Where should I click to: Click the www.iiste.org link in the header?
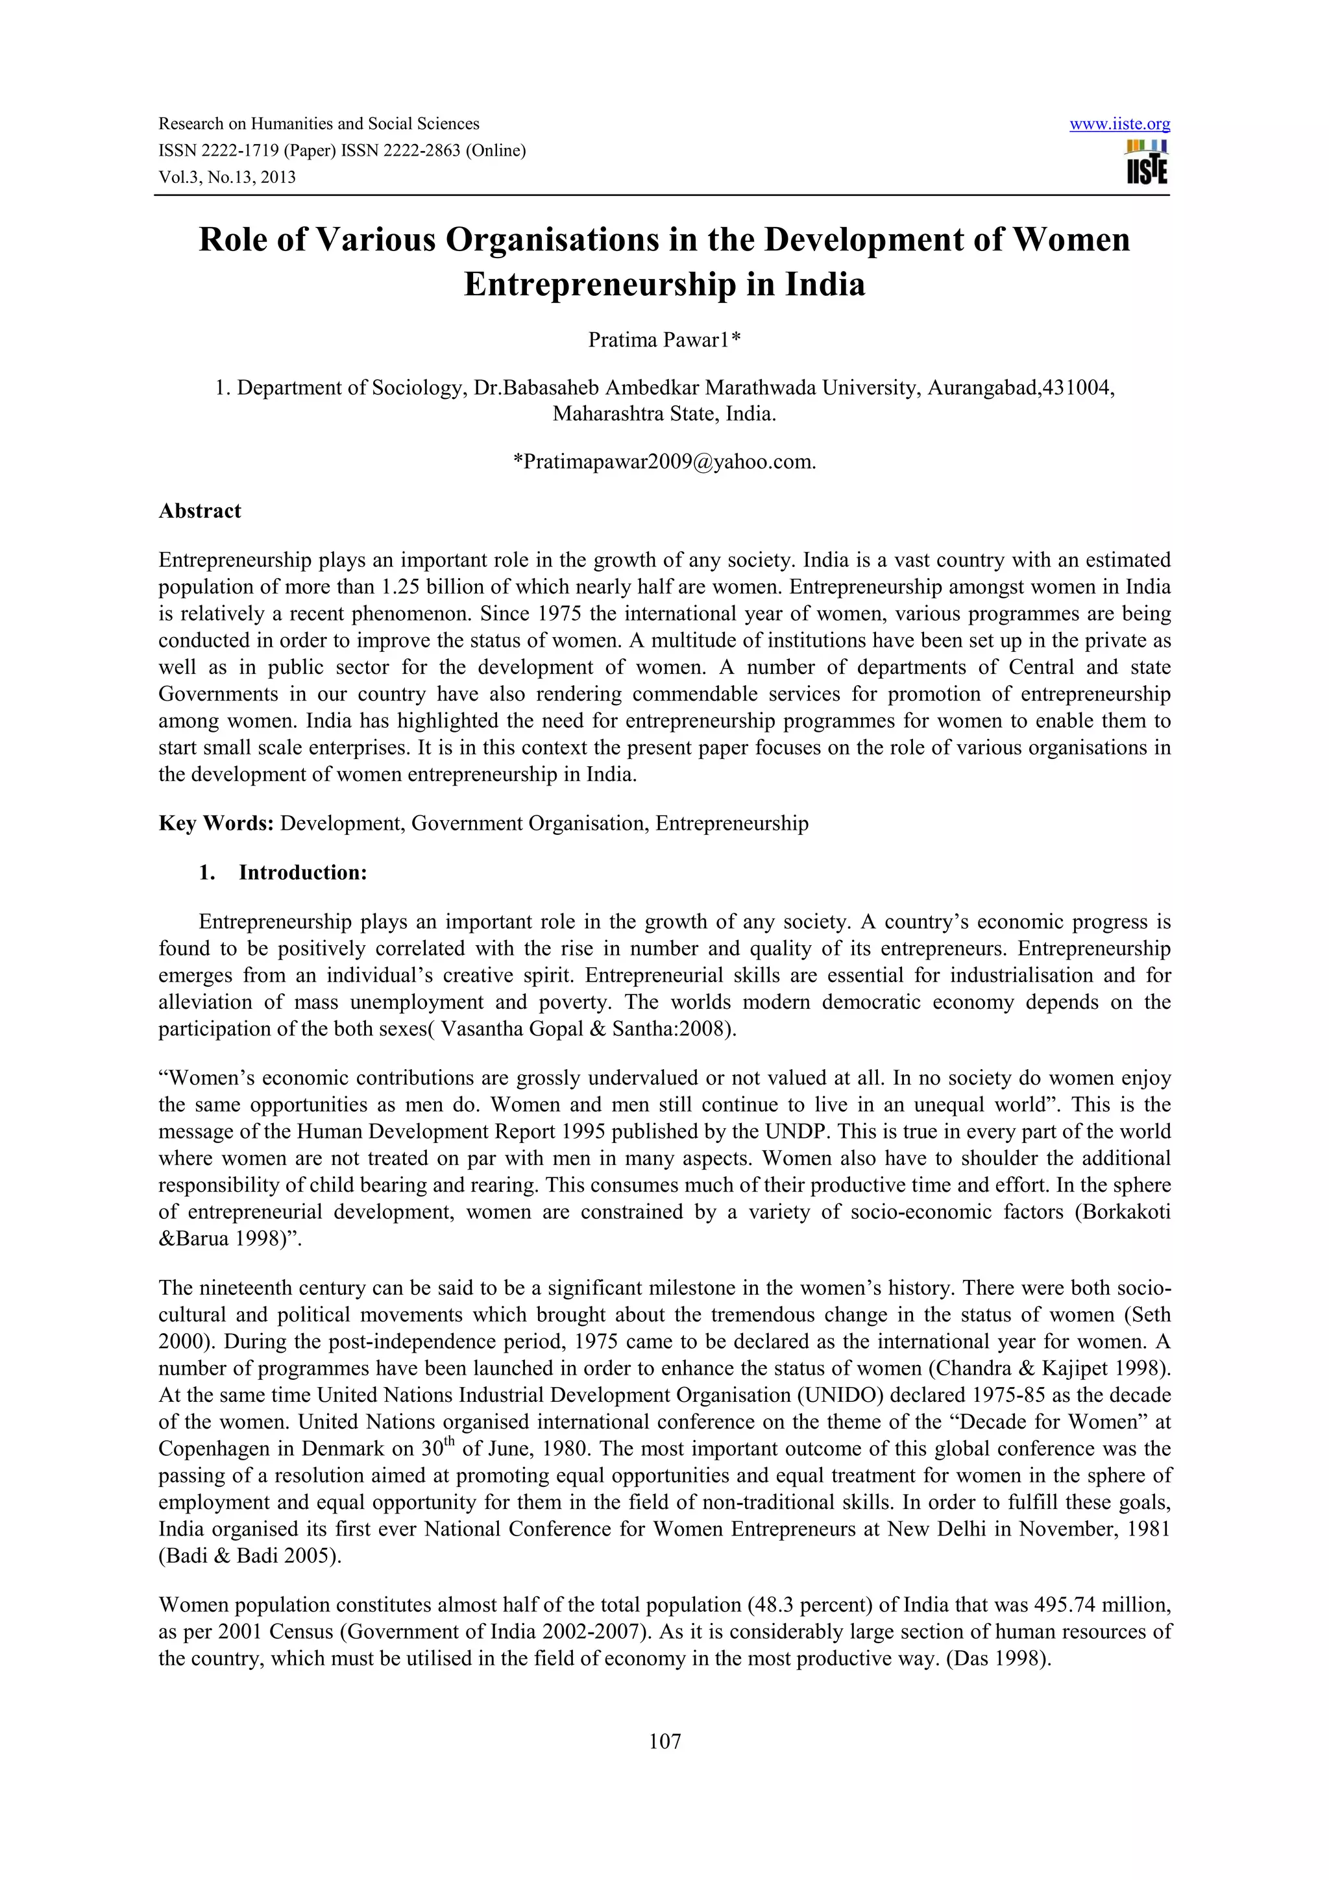pos(1119,125)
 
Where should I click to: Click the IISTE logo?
pos(1147,163)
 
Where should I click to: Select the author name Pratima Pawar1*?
pos(664,340)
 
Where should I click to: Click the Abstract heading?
pos(200,511)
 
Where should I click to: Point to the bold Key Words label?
pos(216,823)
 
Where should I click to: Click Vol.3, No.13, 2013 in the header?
pos(227,177)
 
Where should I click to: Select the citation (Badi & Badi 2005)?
pos(250,1556)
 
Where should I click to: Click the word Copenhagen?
pos(212,1449)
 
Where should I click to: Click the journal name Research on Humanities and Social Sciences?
pos(319,125)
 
